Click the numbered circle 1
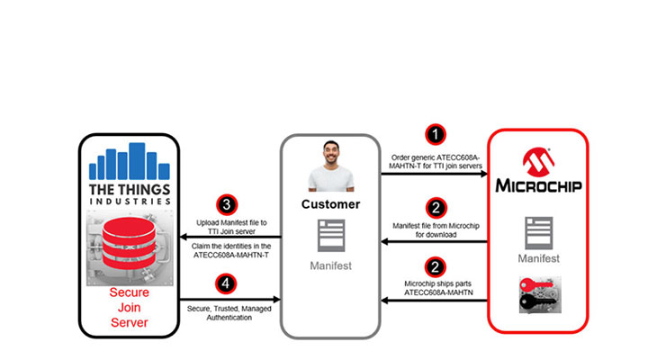click(435, 135)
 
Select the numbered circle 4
click(227, 283)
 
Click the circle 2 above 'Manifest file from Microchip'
click(435, 207)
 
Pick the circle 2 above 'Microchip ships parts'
click(435, 267)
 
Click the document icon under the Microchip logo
click(536, 230)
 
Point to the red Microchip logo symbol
click(537, 162)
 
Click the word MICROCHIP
click(537, 186)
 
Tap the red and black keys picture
click(536, 293)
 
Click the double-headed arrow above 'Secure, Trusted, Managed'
click(229, 301)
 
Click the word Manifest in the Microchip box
click(536, 257)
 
